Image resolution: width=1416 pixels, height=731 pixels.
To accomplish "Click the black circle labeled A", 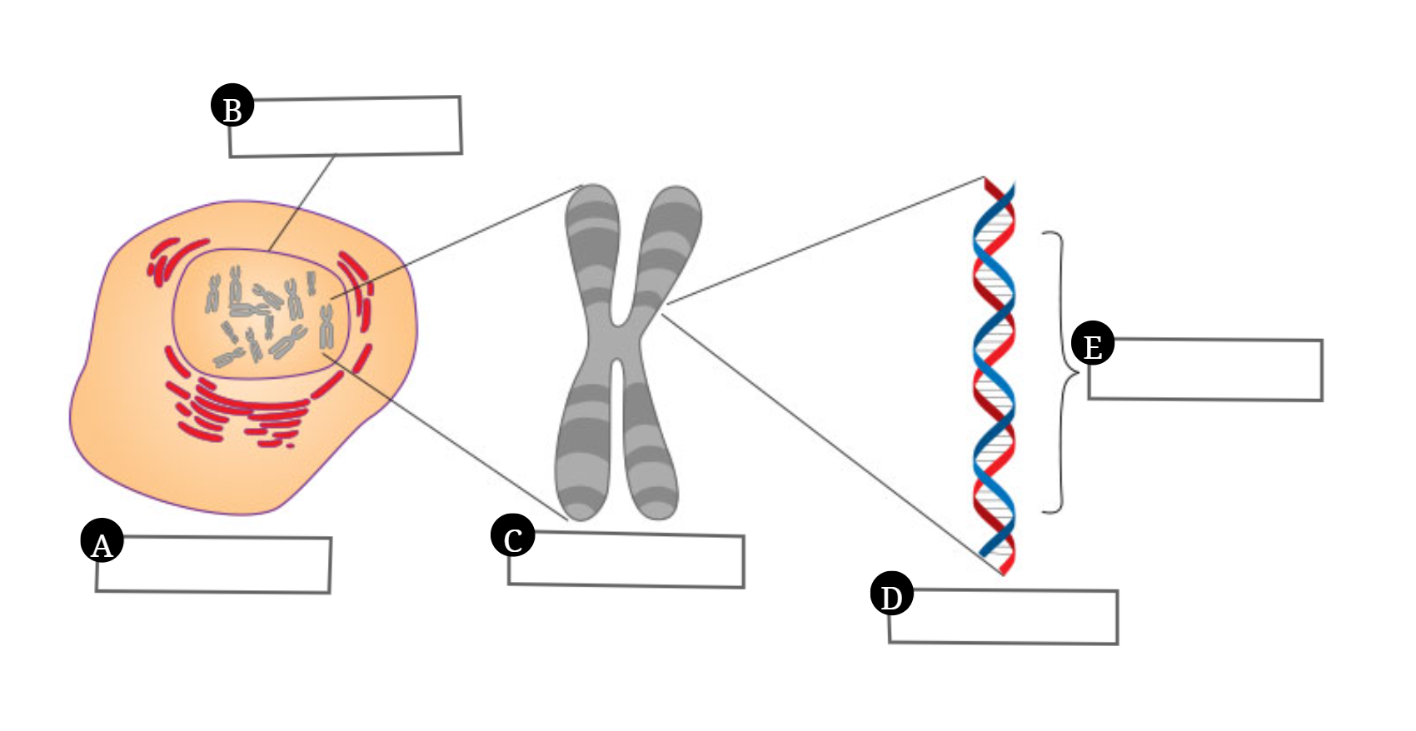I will point(102,541).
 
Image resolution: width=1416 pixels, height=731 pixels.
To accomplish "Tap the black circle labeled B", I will point(232,106).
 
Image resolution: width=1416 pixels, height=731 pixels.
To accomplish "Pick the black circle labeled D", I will point(891,594).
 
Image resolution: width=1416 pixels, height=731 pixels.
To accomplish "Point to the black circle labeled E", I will point(1093,343).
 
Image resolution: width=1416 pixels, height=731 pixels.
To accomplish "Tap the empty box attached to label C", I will point(633,560).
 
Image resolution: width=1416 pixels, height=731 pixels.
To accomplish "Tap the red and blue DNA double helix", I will point(995,375).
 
